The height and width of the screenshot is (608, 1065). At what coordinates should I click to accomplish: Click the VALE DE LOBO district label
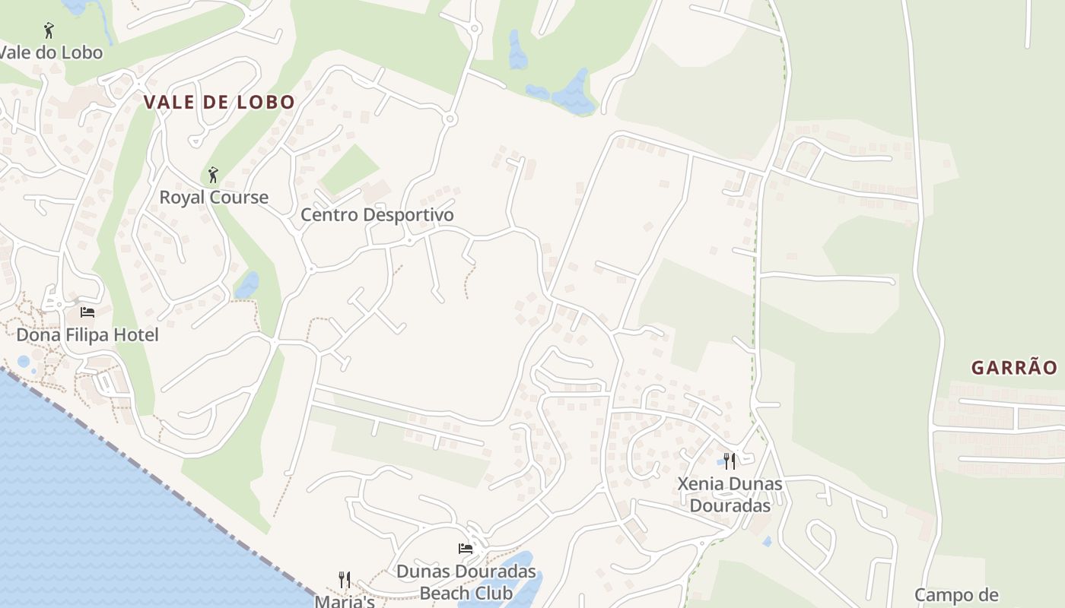click(x=219, y=103)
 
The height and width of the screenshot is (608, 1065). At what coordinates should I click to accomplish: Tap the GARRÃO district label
click(x=1014, y=368)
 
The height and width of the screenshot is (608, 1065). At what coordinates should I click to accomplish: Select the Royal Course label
click(x=214, y=198)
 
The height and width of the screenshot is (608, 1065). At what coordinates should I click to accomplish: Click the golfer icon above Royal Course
click(x=213, y=175)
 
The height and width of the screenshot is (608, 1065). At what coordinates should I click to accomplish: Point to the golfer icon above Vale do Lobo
click(x=49, y=30)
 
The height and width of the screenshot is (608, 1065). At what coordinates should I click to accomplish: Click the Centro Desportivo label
click(x=377, y=215)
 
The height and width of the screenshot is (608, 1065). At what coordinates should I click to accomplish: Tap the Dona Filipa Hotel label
click(x=87, y=334)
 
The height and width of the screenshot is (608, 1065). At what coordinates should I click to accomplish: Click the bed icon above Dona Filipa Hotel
click(x=87, y=312)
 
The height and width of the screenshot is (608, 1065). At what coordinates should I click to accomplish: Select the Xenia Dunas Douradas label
click(x=730, y=494)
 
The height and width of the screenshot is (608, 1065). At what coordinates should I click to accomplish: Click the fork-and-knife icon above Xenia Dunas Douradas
click(x=729, y=461)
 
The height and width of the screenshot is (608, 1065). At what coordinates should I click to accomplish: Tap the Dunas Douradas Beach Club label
click(x=466, y=581)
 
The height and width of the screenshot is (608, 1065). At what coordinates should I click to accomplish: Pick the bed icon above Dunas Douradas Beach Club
click(x=466, y=548)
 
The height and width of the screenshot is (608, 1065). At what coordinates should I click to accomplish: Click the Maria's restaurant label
click(x=345, y=600)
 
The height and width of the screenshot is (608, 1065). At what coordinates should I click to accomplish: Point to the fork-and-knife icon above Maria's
click(x=345, y=580)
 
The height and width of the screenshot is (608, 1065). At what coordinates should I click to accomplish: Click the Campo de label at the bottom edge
click(x=955, y=595)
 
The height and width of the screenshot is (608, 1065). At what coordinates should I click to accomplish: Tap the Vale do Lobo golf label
click(x=50, y=53)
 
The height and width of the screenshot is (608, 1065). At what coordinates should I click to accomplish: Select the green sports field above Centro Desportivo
click(x=349, y=169)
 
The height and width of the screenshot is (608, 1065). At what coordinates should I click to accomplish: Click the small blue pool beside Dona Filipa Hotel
click(x=24, y=361)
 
